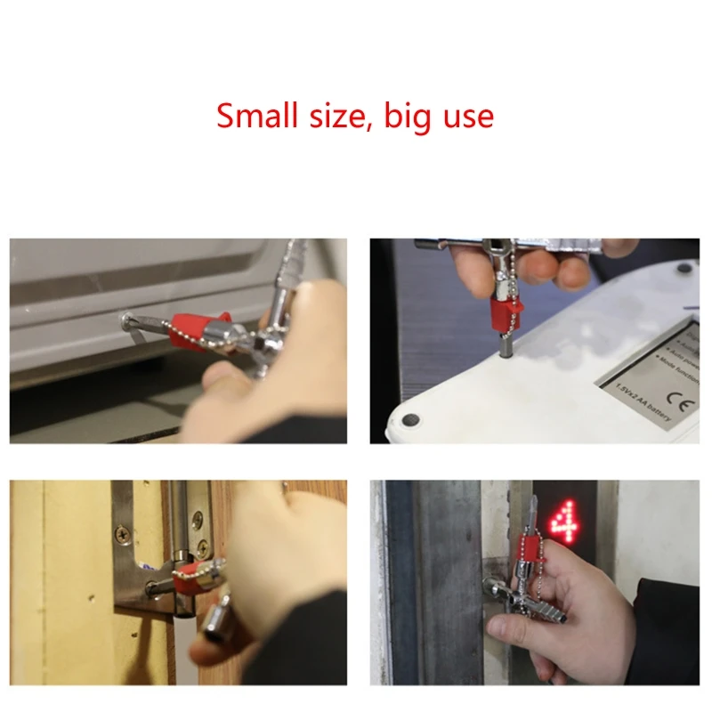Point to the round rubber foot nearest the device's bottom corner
click(411, 418)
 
